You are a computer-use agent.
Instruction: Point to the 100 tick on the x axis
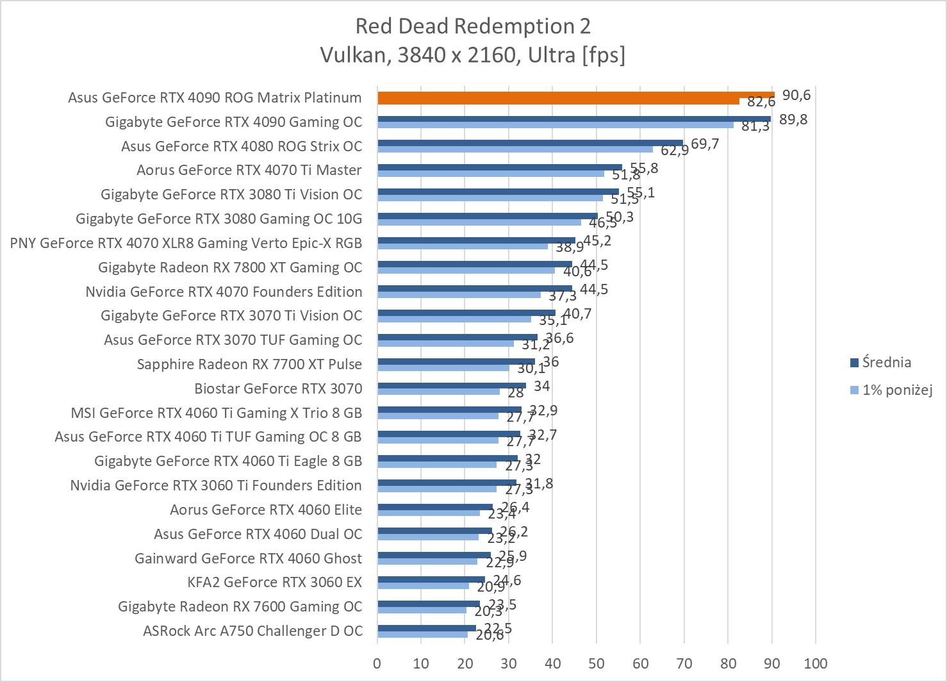click(815, 663)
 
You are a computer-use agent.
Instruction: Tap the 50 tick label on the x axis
click(596, 663)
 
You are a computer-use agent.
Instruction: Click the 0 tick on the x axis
click(377, 663)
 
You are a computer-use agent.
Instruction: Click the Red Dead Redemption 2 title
click(473, 26)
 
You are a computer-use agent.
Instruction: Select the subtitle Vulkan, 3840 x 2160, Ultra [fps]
click(473, 55)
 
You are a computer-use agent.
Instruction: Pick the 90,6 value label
click(796, 96)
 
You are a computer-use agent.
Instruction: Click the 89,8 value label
click(793, 119)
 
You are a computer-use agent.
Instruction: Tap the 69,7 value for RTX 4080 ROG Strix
click(705, 144)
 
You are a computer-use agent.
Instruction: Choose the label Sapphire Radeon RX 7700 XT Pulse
click(249, 364)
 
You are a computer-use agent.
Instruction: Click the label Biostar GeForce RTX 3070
click(278, 388)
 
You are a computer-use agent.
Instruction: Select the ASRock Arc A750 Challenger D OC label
click(252, 631)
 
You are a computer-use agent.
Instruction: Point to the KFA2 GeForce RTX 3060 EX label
click(274, 582)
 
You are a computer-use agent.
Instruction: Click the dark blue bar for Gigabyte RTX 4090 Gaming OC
click(573, 119)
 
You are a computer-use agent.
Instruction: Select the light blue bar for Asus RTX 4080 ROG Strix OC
click(515, 149)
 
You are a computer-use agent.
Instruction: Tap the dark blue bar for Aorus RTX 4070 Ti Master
click(500, 167)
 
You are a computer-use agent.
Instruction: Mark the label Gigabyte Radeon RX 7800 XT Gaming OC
click(230, 267)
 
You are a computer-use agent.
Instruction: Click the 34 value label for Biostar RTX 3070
click(541, 386)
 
